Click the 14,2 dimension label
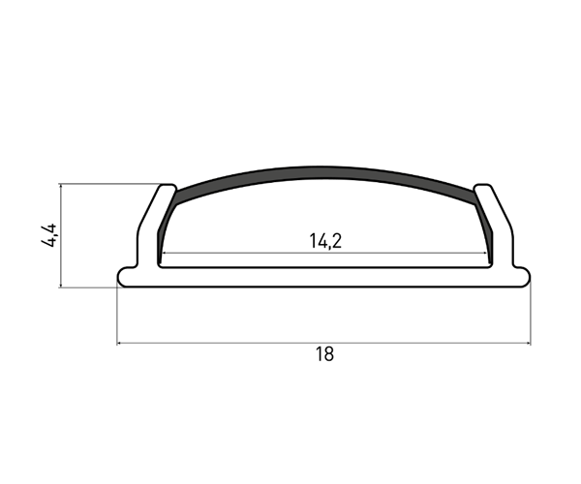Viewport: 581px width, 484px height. (325, 241)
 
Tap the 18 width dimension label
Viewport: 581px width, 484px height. (324, 354)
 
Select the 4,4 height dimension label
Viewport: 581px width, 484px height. (49, 235)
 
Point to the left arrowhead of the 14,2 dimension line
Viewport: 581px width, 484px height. (165, 254)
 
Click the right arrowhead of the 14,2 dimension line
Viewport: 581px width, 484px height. (484, 254)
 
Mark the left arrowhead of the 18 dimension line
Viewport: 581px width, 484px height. (120, 344)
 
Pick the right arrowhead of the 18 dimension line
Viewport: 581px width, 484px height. (528, 344)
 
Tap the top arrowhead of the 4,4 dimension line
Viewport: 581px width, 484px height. (61, 187)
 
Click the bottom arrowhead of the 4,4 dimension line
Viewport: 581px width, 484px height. (61, 285)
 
